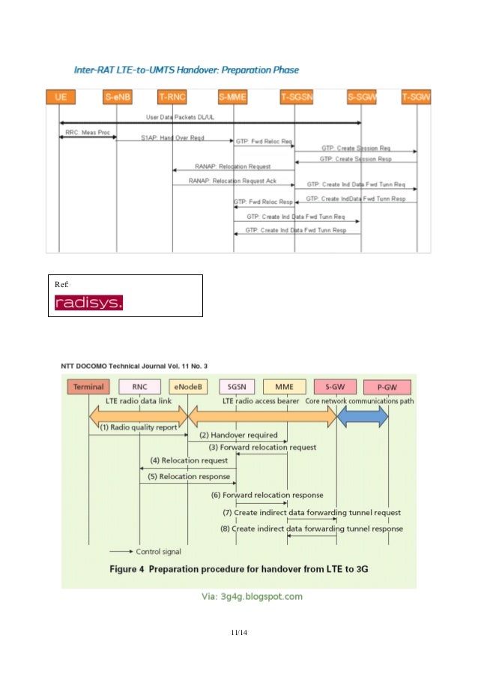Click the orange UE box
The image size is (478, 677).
(x=59, y=97)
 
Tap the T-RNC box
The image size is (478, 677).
(x=172, y=97)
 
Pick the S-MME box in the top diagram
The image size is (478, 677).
(x=233, y=97)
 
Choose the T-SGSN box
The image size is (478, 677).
(x=294, y=97)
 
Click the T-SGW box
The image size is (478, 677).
(x=416, y=97)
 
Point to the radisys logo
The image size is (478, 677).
(x=88, y=303)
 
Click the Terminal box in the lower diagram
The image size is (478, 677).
(x=88, y=387)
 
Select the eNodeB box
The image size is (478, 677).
(x=187, y=387)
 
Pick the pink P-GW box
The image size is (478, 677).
(x=387, y=387)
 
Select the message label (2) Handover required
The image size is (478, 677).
(x=238, y=435)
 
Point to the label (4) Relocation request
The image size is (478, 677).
(x=189, y=460)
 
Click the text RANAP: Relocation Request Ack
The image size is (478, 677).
(x=231, y=181)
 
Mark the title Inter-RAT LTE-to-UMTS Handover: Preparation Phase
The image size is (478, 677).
(x=187, y=70)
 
